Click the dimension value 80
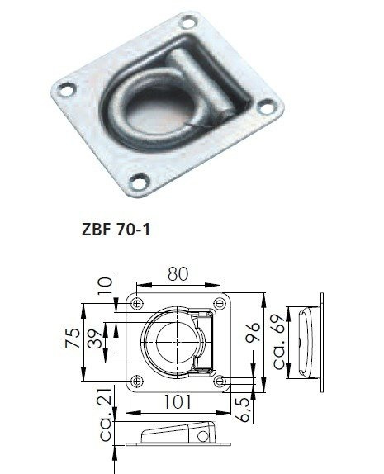(178, 273)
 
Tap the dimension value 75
(73, 339)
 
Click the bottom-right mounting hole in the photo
(271, 106)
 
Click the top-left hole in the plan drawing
(137, 300)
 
